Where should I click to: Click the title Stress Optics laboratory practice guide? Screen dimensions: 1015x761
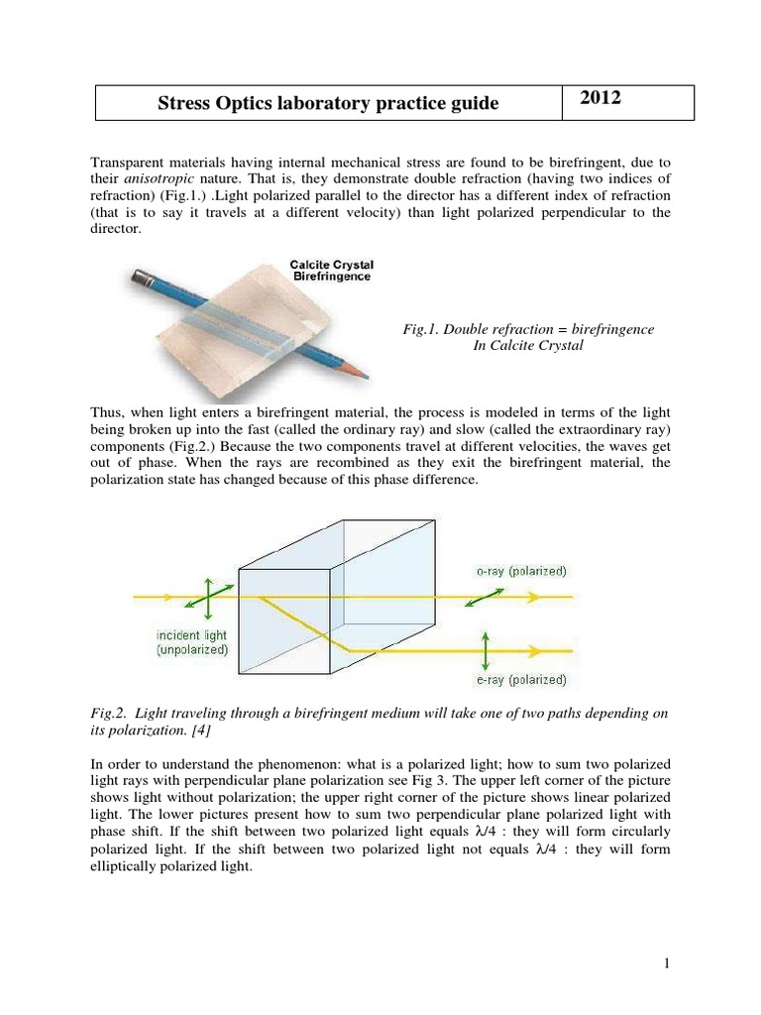coord(329,104)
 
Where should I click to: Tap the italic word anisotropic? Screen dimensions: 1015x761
coord(163,178)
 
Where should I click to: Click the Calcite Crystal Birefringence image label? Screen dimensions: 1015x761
coord(331,271)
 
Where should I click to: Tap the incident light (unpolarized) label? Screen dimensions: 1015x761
coord(191,642)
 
